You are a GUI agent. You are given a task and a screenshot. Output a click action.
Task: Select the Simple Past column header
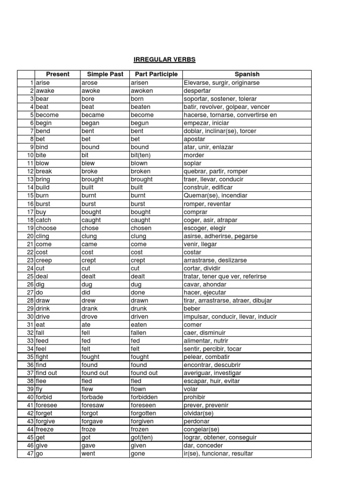tap(102, 75)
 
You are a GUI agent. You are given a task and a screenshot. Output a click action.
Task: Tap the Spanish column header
tap(247, 75)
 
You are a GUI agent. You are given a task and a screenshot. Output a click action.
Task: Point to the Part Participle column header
tap(156, 75)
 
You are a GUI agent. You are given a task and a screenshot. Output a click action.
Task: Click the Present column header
tap(57, 75)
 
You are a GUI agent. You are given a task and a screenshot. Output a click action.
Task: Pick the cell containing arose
tap(90, 83)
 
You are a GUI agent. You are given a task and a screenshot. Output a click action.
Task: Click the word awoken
tap(142, 91)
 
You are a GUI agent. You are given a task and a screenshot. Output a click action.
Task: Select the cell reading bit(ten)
tap(141, 156)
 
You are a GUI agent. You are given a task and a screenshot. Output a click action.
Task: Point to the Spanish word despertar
tap(198, 91)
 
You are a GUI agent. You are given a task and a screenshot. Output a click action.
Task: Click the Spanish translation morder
tap(194, 156)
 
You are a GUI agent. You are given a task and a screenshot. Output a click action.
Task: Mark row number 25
tap(30, 277)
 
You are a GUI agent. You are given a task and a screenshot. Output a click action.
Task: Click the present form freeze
tap(45, 429)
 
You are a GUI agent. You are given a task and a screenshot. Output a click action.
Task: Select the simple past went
tap(88, 454)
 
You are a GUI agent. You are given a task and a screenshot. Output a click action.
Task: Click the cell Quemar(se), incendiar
tap(216, 195)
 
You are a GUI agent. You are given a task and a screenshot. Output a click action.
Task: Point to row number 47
tap(30, 454)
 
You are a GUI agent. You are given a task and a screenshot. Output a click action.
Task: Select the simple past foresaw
tap(93, 405)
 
